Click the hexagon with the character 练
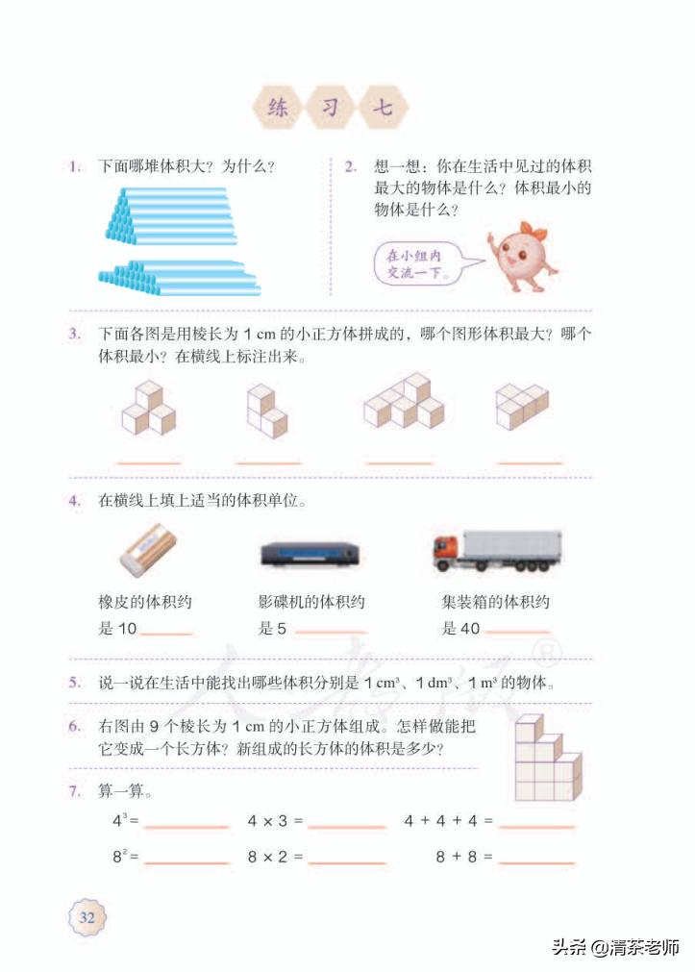pyautogui.click(x=278, y=109)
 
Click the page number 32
pyautogui.click(x=87, y=916)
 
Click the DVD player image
pyautogui.click(x=310, y=555)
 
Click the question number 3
pyautogui.click(x=74, y=335)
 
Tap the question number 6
pyautogui.click(x=74, y=726)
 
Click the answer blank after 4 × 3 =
pyautogui.click(x=347, y=824)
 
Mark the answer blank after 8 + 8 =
pyautogui.click(x=536, y=859)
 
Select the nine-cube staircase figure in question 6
pyautogui.click(x=546, y=759)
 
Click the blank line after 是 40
pyautogui.click(x=518, y=632)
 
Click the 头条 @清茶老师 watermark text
pyautogui.click(x=615, y=946)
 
